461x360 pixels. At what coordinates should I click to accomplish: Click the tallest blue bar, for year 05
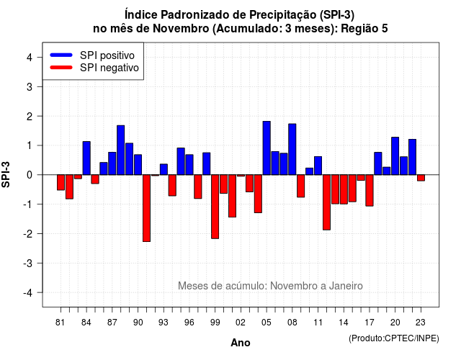point(267,148)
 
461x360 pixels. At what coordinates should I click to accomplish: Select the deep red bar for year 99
point(215,207)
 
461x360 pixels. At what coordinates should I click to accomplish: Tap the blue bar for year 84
point(86,158)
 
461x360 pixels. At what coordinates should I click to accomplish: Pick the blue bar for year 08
point(292,149)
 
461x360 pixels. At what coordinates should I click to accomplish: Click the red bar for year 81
point(61,182)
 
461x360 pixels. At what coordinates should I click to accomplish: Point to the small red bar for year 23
point(421,178)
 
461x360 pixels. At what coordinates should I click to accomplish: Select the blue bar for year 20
point(395,156)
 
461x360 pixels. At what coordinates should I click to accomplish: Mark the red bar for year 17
point(370,190)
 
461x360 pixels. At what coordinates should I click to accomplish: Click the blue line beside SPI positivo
point(61,55)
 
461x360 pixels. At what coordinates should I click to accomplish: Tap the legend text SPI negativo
point(109,68)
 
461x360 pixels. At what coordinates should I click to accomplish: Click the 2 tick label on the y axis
point(30,117)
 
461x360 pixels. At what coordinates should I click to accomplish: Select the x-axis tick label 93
point(164,323)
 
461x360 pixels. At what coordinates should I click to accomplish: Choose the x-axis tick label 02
point(241,323)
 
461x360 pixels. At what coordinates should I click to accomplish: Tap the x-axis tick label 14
point(344,323)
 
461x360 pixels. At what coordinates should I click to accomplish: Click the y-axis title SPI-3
point(6,174)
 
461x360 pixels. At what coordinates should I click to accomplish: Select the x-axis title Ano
point(241,343)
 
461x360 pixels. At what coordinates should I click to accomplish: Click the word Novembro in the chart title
point(181,29)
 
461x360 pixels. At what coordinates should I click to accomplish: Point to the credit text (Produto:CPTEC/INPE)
point(394,338)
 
